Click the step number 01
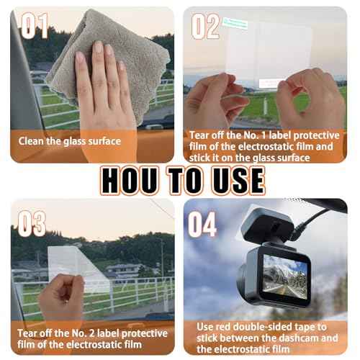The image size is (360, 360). (x=34, y=26)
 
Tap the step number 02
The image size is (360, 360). (x=205, y=26)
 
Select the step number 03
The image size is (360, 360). (x=32, y=223)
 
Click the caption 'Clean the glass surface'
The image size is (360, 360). (x=70, y=141)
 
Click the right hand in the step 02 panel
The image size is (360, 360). (x=306, y=104)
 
